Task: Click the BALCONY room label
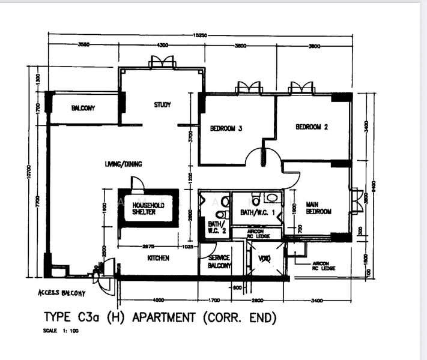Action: pos(83,108)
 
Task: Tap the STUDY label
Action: pos(162,105)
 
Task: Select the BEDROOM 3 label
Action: pos(226,128)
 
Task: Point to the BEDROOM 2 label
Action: pos(311,127)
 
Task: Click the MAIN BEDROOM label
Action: pos(318,208)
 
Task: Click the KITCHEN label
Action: pos(157,258)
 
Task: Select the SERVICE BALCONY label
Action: pos(219,262)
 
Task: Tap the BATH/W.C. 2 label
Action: pos(215,227)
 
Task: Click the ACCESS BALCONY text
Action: pos(61,293)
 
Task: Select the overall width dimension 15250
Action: pos(200,36)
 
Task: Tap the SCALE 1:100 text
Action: pos(61,331)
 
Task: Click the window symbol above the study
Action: pos(162,62)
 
